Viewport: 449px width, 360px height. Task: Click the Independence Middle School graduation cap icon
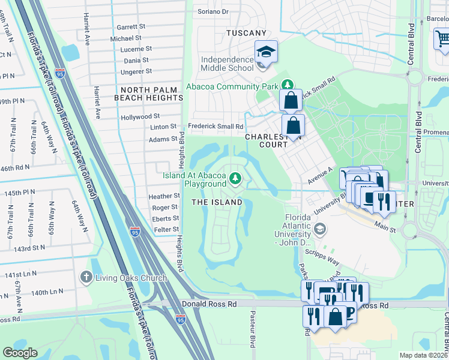pos(265,52)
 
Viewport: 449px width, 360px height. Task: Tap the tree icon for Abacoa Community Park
pos(288,86)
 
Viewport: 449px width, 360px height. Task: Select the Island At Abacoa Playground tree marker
pos(236,178)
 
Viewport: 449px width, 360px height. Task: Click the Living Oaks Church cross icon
pos(86,276)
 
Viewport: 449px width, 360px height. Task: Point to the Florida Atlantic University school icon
pos(321,228)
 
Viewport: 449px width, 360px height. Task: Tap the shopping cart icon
pos(442,39)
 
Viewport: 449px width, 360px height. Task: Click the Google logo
pos(20,353)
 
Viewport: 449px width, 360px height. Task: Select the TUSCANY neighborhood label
pos(246,33)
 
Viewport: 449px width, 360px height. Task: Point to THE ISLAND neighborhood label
pos(217,202)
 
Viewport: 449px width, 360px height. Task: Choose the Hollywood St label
pos(140,116)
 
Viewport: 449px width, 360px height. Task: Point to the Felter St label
pos(167,230)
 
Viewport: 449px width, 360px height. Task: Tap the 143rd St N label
pos(30,247)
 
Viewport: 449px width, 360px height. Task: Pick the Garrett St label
pos(131,27)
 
